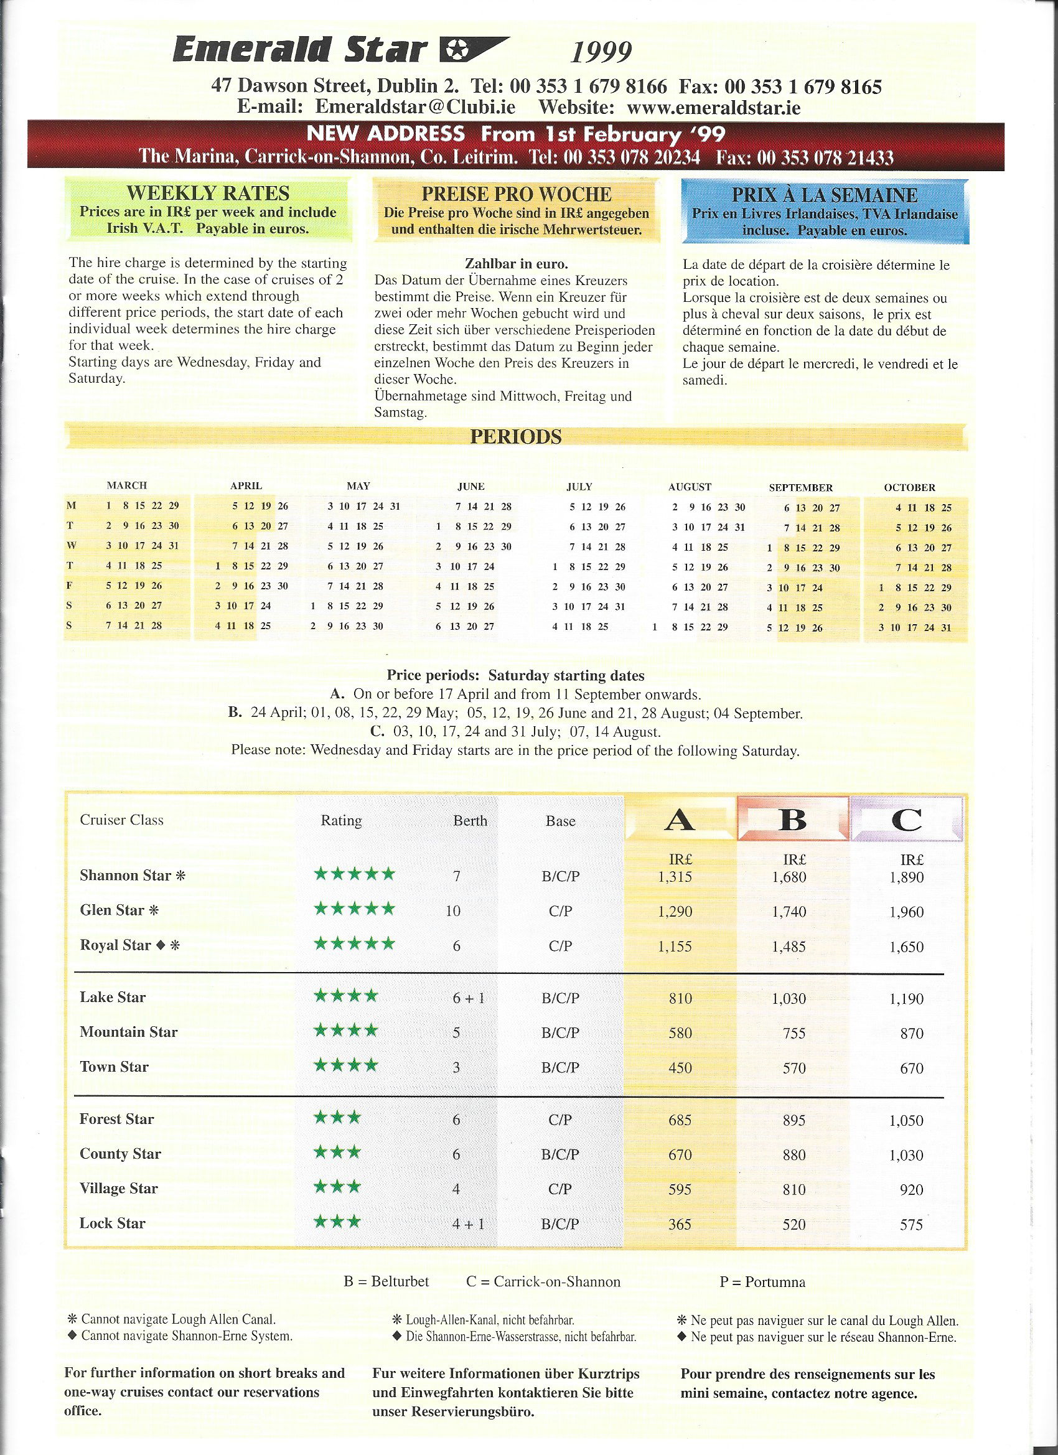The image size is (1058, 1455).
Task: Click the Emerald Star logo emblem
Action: pos(474,50)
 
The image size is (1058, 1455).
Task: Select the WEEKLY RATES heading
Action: pos(208,193)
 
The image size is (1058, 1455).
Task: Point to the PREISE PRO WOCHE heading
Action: pos(517,194)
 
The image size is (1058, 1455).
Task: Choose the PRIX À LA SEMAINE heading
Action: pos(825,194)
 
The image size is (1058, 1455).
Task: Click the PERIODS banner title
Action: pos(516,437)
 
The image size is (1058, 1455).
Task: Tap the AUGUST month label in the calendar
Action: pos(690,487)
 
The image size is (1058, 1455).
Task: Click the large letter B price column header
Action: pos(792,820)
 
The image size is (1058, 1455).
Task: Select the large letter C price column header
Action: pos(907,820)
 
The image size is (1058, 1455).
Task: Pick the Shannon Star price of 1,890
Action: pos(907,877)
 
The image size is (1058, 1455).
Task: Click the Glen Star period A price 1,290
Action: pos(675,912)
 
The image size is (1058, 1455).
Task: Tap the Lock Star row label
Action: pos(112,1223)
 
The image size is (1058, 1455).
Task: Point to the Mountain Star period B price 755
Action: pos(793,1033)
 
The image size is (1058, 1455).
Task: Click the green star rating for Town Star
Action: pos(346,1065)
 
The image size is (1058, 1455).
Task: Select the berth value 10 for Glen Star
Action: pos(453,911)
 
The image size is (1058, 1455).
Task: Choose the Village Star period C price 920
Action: pos(911,1189)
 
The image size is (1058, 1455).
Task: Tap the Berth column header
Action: pos(470,820)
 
